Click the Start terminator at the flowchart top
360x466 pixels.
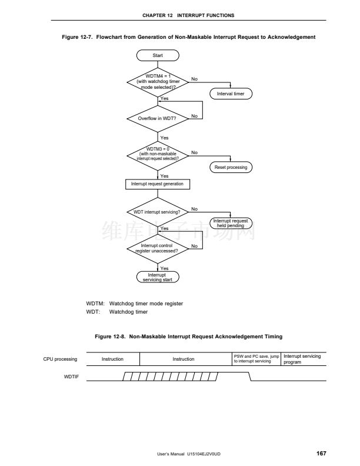[158, 55]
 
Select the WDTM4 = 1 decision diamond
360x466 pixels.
[158, 82]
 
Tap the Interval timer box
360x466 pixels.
[231, 94]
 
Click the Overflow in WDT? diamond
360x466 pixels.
[158, 119]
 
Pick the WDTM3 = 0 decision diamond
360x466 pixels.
[158, 156]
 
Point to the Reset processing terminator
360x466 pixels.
[231, 167]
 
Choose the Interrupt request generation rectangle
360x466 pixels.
[158, 184]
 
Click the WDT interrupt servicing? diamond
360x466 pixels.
[158, 212]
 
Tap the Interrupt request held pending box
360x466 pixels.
[231, 223]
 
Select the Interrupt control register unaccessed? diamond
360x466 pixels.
[158, 248]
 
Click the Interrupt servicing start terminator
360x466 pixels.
[158, 277]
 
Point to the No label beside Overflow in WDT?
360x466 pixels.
[194, 116]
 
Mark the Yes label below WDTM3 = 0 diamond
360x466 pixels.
[164, 176]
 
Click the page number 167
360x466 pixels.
[321, 453]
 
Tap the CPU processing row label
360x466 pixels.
[60, 359]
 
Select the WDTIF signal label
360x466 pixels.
[71, 377]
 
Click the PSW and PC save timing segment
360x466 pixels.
[256, 359]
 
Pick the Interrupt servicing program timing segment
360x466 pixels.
[304, 359]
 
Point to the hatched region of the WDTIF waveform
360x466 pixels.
[170, 377]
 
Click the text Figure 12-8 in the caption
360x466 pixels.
[110, 337]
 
